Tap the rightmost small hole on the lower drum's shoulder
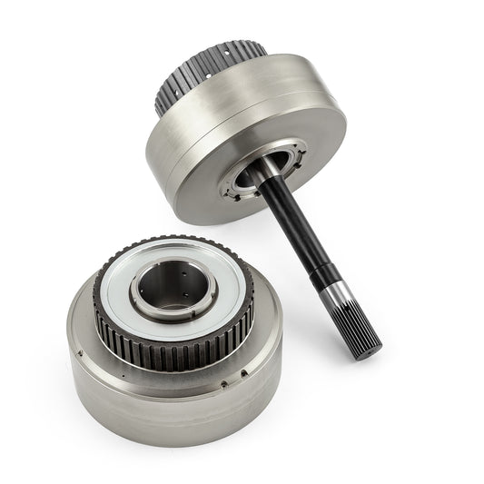pyautogui.click(x=246, y=372)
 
